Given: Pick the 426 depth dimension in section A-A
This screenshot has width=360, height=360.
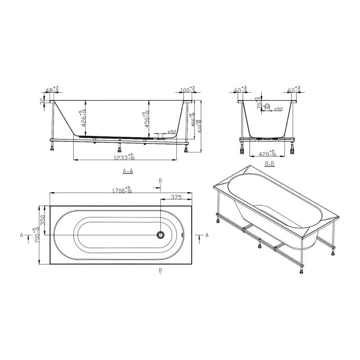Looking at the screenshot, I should (82, 119).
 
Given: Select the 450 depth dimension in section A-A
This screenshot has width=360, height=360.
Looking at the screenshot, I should (145, 120).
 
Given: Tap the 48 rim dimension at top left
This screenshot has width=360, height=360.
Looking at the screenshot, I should (53, 90).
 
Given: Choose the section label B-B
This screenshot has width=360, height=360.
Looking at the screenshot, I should (270, 164).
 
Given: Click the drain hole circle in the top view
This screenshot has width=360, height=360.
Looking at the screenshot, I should (161, 235).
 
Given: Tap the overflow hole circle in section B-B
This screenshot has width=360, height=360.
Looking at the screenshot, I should (267, 107).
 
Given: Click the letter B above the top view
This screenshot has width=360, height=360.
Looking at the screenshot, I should (161, 181).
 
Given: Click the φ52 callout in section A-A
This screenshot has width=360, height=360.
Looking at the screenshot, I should (171, 132).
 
